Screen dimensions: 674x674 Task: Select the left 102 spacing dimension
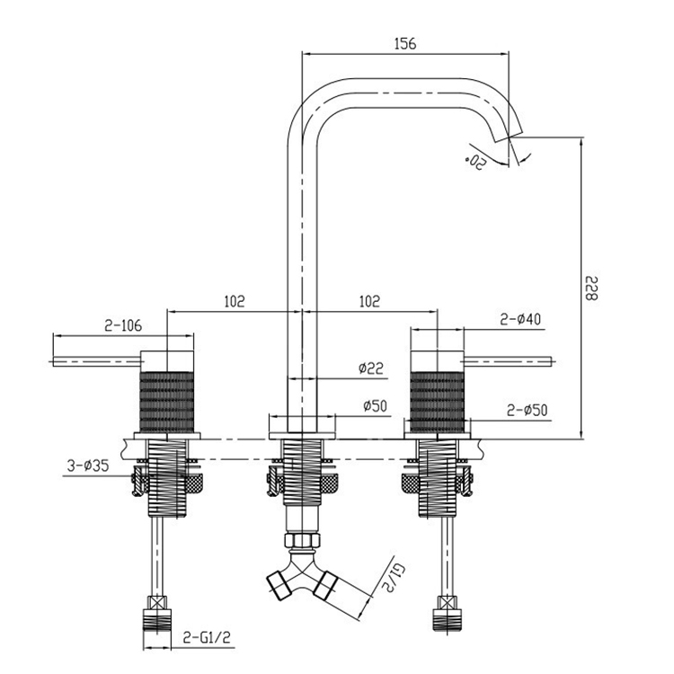pos(234,301)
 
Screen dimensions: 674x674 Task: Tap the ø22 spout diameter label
pos(371,368)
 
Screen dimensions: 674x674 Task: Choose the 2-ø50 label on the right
pos(527,410)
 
